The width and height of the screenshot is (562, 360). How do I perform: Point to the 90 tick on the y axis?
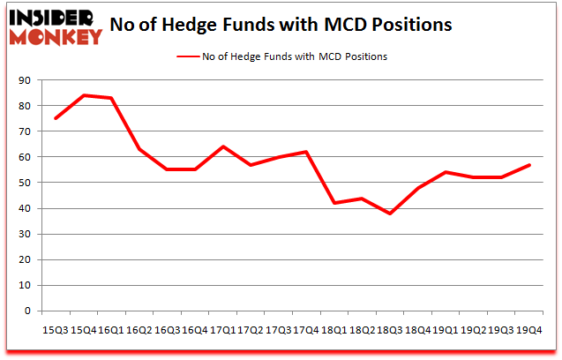coord(24,80)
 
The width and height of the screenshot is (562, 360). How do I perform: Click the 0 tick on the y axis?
coord(27,311)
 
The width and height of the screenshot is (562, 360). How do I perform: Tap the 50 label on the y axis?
coord(24,183)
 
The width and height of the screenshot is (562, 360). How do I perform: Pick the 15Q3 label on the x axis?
coord(54,329)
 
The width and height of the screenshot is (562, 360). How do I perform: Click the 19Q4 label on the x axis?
coord(528,329)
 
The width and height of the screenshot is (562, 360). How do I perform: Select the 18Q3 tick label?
coord(389,329)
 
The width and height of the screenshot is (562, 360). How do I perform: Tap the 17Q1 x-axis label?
coord(221,329)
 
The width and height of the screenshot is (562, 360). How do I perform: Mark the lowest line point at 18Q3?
coord(389,214)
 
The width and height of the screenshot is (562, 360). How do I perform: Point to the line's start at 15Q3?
coord(55,118)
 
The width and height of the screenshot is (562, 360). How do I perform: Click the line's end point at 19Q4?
coord(528,165)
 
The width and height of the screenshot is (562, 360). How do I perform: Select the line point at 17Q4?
coord(305,152)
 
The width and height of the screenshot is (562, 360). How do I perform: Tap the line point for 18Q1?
coord(333,203)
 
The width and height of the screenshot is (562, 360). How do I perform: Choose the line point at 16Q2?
coord(139,149)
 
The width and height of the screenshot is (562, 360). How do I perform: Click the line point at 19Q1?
coord(445,172)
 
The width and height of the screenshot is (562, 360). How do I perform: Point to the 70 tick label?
coord(24,131)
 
